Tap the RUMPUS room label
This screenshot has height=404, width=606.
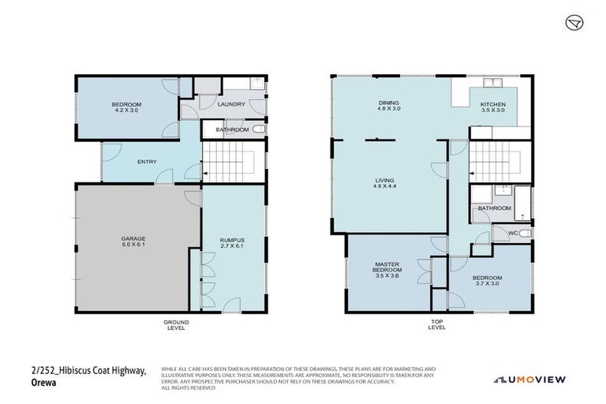coord(231,241)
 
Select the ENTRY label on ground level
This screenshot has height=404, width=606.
coord(147,163)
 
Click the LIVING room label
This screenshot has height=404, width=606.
coord(384,181)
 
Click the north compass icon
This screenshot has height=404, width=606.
coord(574,22)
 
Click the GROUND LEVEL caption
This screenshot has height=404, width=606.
coord(175,324)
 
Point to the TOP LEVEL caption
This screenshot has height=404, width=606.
coord(437,324)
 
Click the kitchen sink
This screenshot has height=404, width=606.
coord(494,83)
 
